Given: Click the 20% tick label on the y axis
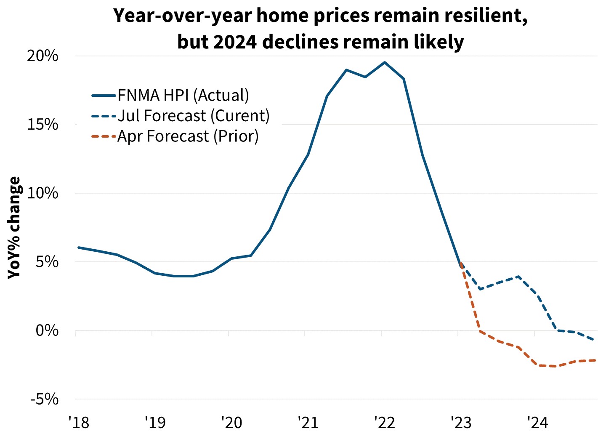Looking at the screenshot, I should (x=43, y=56).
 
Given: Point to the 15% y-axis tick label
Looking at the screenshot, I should (x=43, y=125).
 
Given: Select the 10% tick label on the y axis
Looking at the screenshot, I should (x=43, y=193).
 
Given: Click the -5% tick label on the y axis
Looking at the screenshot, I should (x=44, y=399).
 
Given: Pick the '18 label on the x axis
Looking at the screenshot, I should (x=79, y=422).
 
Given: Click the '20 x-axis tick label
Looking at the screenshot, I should (x=231, y=422).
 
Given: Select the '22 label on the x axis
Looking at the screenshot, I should (x=385, y=422).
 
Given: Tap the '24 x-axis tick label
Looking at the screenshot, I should (x=537, y=422).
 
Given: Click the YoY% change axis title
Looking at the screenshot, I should (x=14, y=227).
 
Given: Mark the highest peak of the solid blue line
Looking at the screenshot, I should (x=384, y=62).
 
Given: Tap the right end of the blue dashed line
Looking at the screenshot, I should (x=594, y=340).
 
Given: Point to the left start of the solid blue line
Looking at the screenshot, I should (x=79, y=248).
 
